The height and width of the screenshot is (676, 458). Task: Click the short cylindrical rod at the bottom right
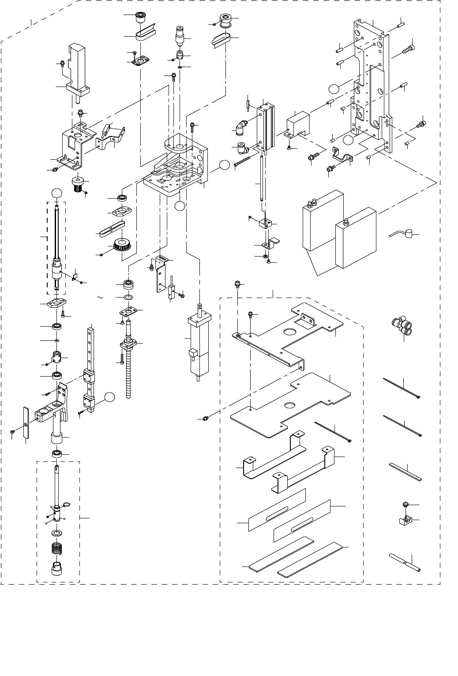click(x=405, y=563)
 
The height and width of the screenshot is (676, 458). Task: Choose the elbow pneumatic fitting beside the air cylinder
click(x=241, y=130)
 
